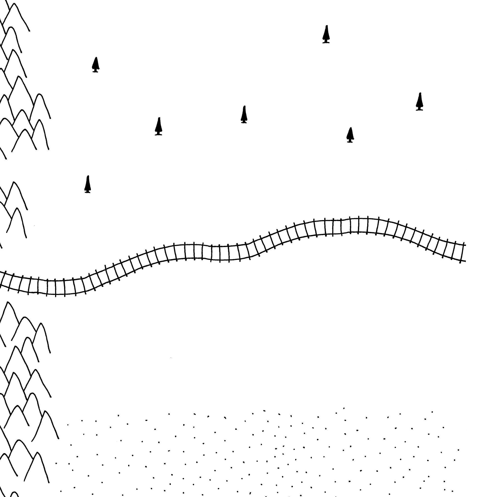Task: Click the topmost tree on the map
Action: click(x=326, y=35)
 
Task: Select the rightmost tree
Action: click(x=420, y=102)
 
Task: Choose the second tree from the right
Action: click(x=350, y=135)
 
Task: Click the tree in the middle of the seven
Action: click(x=244, y=115)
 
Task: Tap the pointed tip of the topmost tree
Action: click(x=327, y=26)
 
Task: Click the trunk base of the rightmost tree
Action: click(x=420, y=109)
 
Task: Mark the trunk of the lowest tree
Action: click(x=88, y=191)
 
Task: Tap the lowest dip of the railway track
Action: click(x=55, y=287)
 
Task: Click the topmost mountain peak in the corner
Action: click(x=14, y=4)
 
